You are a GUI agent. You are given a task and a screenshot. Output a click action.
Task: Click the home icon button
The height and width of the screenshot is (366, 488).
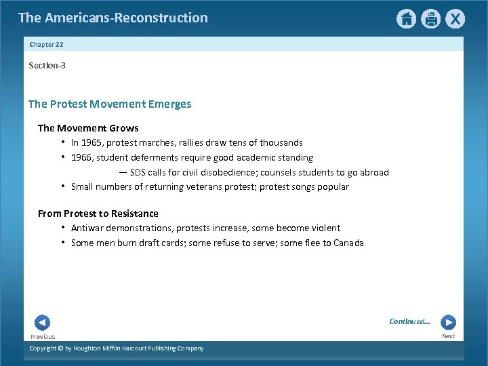(x=406, y=19)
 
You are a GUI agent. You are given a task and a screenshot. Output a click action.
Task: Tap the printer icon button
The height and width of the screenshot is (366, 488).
(x=430, y=19)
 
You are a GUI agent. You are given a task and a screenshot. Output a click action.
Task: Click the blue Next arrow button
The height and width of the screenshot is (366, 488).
(x=448, y=323)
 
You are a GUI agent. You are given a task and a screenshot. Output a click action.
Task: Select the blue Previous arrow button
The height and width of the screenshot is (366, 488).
(x=42, y=323)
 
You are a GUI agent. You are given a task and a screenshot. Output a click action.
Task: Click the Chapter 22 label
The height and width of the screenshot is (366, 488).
(x=46, y=45)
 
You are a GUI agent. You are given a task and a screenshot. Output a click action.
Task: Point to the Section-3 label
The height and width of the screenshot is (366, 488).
(x=47, y=66)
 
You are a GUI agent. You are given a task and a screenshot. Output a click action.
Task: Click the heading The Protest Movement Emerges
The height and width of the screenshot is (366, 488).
(x=110, y=104)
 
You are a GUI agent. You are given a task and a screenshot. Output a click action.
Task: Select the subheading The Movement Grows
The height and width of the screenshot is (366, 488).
(x=88, y=128)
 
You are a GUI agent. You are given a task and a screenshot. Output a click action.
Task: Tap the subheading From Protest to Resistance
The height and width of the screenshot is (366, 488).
(x=98, y=213)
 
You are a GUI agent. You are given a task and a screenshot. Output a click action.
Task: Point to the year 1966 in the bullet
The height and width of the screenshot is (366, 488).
(x=81, y=158)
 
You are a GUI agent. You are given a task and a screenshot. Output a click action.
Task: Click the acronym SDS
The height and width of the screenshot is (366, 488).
(x=138, y=172)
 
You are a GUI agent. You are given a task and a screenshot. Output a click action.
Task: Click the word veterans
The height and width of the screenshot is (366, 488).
(x=198, y=187)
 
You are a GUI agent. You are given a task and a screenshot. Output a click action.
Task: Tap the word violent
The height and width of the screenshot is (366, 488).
(x=325, y=228)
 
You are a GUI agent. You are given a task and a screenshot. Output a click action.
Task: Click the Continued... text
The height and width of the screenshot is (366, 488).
(x=409, y=321)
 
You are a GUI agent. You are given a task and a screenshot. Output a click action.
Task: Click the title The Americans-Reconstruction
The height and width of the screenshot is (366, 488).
(x=113, y=18)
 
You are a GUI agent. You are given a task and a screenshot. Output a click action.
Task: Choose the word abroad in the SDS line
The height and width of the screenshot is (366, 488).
(x=374, y=172)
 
